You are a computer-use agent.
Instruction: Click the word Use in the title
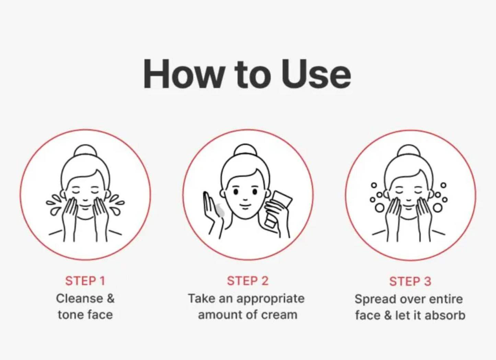click(316, 74)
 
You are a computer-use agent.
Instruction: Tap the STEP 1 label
click(85, 281)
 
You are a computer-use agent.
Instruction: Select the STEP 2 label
click(248, 281)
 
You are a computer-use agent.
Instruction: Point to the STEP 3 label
click(410, 281)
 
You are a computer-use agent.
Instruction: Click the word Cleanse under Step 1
click(80, 299)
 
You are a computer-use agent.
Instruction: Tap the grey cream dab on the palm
click(221, 210)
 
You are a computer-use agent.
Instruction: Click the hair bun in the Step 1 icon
click(85, 151)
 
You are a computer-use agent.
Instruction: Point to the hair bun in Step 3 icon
click(409, 151)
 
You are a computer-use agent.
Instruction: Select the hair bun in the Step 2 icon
click(245, 150)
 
